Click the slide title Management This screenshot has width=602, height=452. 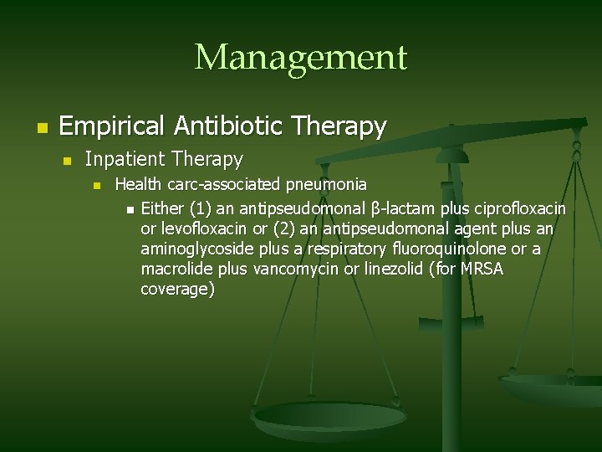(300, 58)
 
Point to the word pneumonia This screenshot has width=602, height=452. (326, 184)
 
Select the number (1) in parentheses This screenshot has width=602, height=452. (201, 207)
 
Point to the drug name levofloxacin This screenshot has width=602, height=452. (202, 228)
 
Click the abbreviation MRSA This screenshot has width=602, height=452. (477, 269)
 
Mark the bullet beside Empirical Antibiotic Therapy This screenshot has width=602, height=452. (39, 128)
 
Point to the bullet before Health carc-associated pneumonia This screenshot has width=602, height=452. (97, 185)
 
